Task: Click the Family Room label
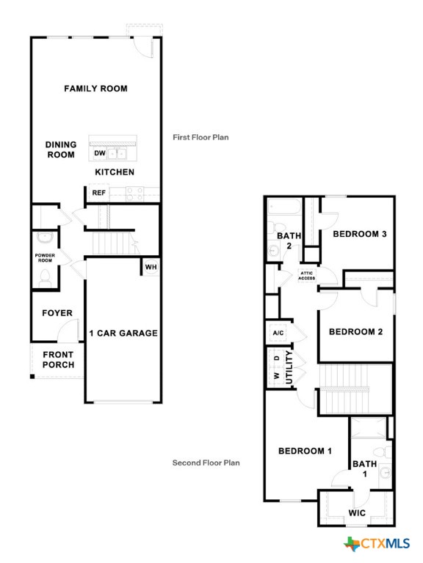pos(95,89)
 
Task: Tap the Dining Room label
pos(61,150)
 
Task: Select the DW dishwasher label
pos(99,154)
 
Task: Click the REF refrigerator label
pos(98,193)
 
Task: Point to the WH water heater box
pos(151,266)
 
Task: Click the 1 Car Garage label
pos(123,333)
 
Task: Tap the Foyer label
pos(57,313)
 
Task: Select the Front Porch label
pos(58,360)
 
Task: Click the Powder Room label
pos(45,257)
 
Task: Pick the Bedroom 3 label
pos(360,234)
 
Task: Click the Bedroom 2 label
pos(356,331)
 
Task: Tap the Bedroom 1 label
pos(305,451)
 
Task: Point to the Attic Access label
pos(307,276)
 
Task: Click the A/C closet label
pos(278,333)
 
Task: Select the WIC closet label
pos(358,512)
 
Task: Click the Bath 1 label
pos(364,468)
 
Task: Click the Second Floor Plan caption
pos(206,463)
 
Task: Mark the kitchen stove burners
pos(134,193)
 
